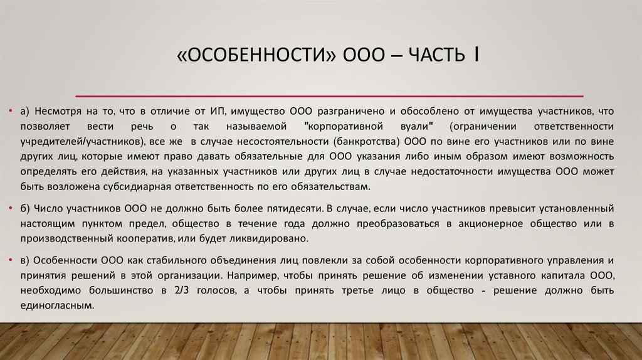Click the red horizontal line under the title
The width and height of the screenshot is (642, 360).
(x=329, y=95)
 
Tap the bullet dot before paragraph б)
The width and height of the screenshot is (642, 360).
(x=11, y=208)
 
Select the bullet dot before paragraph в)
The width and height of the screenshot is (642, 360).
(x=11, y=259)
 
